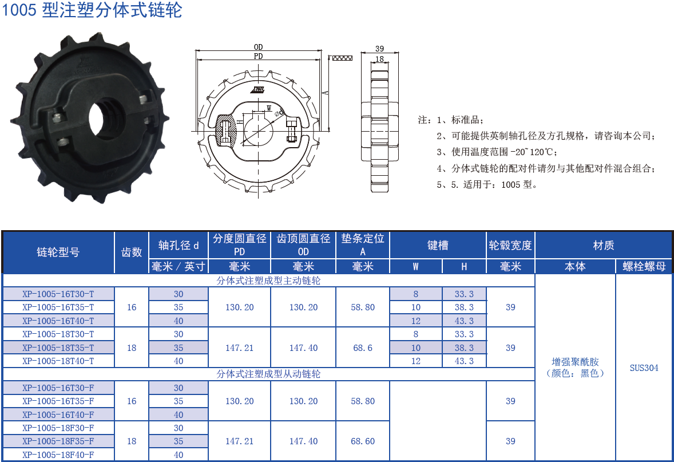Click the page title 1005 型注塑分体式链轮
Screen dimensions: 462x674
(92, 11)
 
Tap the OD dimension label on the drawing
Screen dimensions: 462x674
(258, 48)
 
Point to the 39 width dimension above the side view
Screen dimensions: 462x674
(379, 49)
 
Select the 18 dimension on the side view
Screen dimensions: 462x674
(379, 59)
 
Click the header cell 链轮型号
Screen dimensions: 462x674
(58, 252)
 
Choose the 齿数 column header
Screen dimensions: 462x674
(132, 252)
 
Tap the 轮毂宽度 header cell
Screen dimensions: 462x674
(510, 246)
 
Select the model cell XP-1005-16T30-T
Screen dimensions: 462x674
(58, 294)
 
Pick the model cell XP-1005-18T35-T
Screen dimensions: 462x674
(58, 348)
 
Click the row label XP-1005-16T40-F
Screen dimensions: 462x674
(58, 414)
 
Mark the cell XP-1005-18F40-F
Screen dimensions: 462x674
(58, 455)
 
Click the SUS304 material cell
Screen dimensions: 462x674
(644, 368)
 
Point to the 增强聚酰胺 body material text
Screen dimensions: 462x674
(575, 362)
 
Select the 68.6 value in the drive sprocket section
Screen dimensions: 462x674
(362, 348)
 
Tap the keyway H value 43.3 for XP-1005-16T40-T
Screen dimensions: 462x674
(464, 321)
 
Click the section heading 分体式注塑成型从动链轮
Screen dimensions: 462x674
(268, 374)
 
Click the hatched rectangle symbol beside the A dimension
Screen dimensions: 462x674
(342, 58)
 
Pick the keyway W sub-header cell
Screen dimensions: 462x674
(415, 267)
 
